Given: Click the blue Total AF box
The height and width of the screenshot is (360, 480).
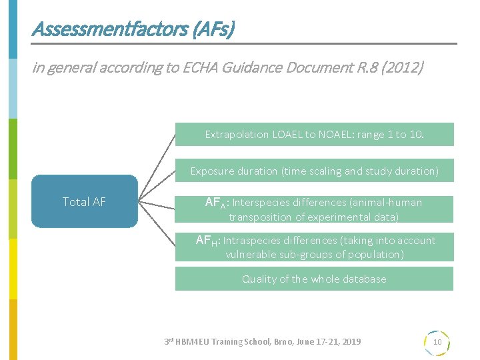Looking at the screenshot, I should click(x=85, y=201).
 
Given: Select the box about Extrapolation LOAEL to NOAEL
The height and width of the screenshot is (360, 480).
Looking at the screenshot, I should click(x=314, y=134).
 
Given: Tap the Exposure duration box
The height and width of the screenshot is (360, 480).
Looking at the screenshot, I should click(x=314, y=171).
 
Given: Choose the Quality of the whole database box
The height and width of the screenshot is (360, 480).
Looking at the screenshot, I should click(x=314, y=279).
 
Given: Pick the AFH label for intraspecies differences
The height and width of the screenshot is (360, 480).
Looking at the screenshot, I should click(x=207, y=241).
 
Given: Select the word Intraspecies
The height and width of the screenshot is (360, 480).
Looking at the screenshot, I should click(x=253, y=240).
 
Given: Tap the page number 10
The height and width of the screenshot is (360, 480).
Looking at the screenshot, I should click(x=437, y=342).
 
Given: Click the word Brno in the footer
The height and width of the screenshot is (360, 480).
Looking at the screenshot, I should click(x=283, y=341).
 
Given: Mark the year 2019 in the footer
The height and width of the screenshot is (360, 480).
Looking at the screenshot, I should click(x=349, y=341).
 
